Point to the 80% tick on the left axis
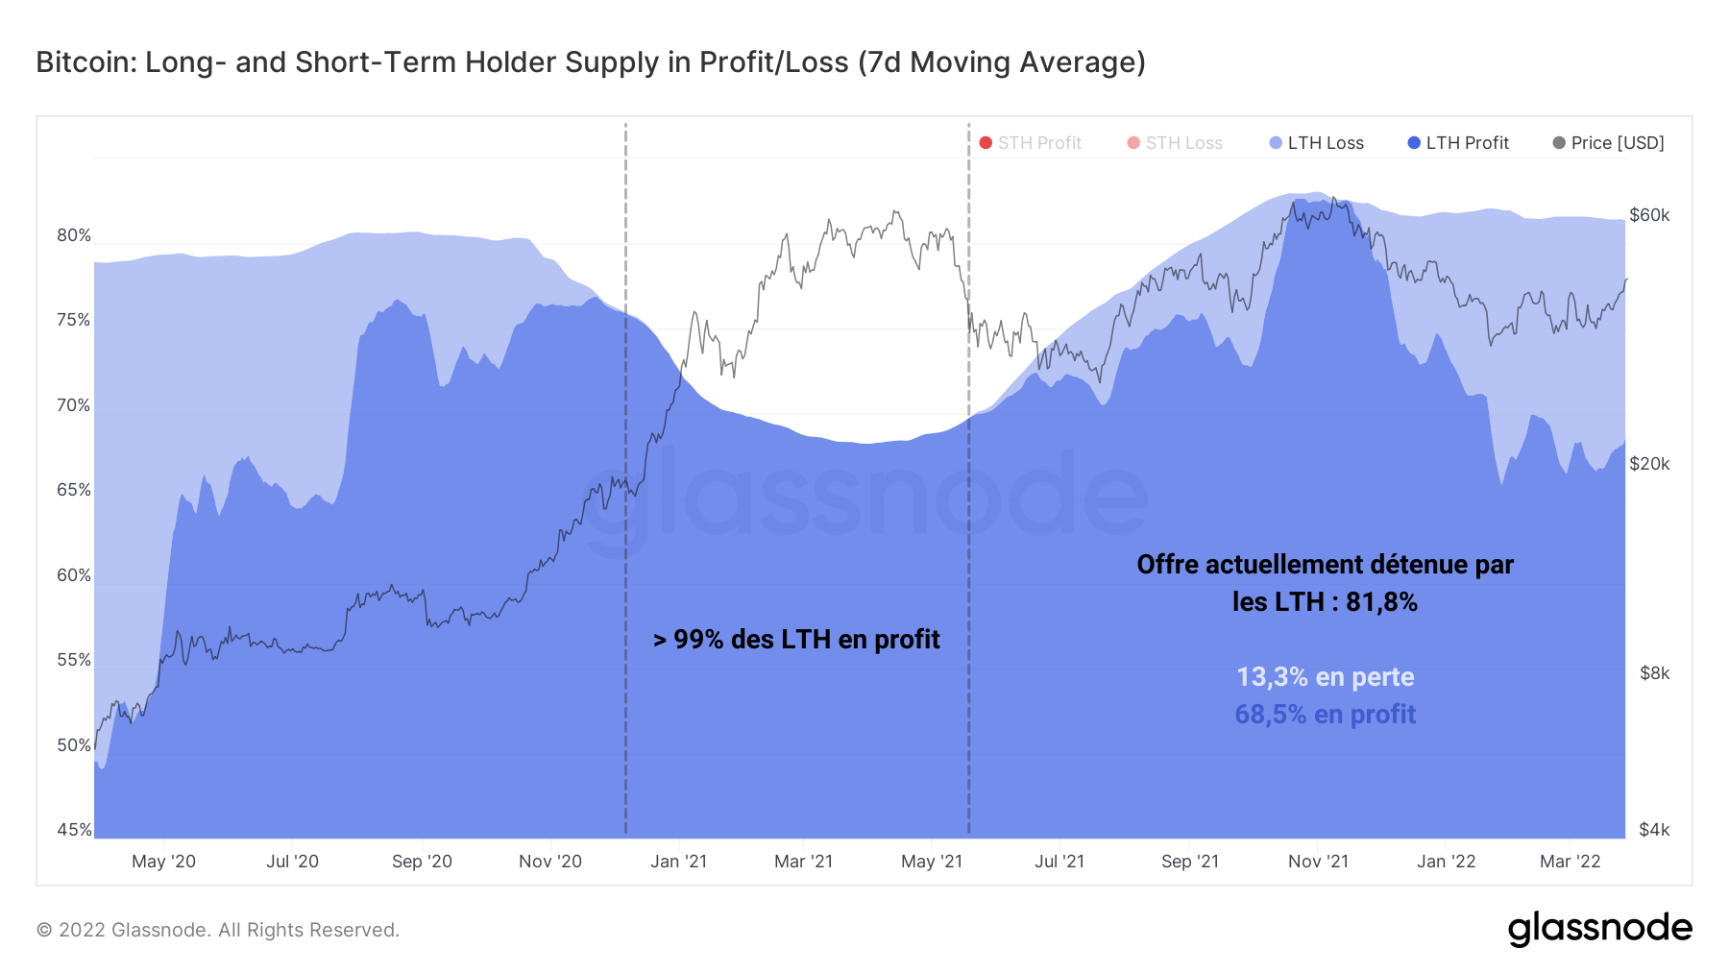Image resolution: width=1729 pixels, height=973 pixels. click(73, 235)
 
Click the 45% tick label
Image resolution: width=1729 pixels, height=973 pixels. click(73, 830)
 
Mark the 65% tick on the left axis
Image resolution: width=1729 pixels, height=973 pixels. click(73, 490)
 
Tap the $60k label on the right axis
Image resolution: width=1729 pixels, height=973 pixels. click(1649, 215)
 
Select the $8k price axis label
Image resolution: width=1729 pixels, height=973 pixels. click(1654, 673)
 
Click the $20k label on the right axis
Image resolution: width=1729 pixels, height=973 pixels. click(1649, 464)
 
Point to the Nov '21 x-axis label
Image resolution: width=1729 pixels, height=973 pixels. click(1318, 862)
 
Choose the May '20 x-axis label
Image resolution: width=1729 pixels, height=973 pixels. click(163, 862)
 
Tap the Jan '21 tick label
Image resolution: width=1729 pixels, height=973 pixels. click(678, 862)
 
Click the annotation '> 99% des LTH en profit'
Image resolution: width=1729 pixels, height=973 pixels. click(796, 640)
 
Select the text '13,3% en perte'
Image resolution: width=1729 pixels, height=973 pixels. click(1325, 677)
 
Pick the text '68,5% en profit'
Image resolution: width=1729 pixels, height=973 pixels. click(1325, 715)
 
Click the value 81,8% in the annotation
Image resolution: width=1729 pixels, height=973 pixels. click(1381, 602)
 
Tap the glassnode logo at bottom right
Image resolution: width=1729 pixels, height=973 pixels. click(1599, 929)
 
